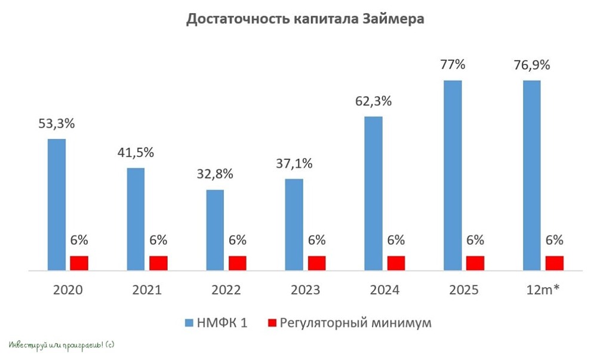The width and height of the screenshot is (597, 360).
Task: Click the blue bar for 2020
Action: click(x=57, y=205)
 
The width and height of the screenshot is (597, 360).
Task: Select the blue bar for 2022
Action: click(x=215, y=230)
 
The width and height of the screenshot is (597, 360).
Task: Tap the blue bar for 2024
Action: click(x=374, y=193)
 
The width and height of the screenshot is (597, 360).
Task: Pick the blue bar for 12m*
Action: click(x=532, y=176)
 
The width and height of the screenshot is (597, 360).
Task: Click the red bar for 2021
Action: click(x=158, y=263)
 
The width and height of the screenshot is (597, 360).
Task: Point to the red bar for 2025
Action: click(x=475, y=263)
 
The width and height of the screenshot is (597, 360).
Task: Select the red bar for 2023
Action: click(x=317, y=263)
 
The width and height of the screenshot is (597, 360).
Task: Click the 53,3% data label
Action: click(x=57, y=124)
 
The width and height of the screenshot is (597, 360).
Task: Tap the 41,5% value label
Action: click(x=136, y=153)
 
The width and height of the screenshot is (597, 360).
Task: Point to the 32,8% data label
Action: click(x=215, y=174)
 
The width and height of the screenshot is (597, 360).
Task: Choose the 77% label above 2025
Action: click(x=453, y=64)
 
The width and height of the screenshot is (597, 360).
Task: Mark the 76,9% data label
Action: click(x=532, y=65)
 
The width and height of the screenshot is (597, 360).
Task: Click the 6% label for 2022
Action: click(x=238, y=240)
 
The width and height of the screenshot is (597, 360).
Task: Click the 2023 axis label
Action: click(x=305, y=290)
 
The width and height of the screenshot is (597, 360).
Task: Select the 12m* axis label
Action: click(x=543, y=290)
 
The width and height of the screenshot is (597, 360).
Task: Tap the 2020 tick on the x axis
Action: click(x=68, y=290)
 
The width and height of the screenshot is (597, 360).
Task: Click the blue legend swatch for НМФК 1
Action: click(x=189, y=323)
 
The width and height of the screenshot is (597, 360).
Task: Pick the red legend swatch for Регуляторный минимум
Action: click(x=272, y=323)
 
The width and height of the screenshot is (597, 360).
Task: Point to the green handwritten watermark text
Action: click(x=61, y=346)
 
